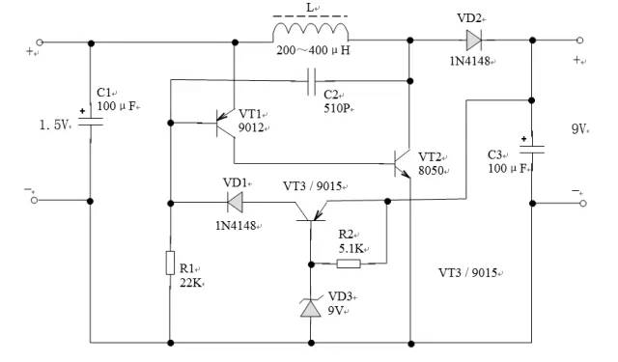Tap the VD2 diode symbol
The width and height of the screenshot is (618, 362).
point(472,42)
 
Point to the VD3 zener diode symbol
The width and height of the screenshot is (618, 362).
point(311,306)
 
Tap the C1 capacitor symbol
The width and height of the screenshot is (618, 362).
point(91,125)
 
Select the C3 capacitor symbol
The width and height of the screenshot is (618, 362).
point(533,150)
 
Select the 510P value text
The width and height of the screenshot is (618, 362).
point(335,108)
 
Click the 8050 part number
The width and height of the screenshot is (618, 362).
point(431,173)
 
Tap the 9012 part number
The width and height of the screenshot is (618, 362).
point(254,127)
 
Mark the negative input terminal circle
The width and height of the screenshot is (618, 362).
point(41,202)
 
